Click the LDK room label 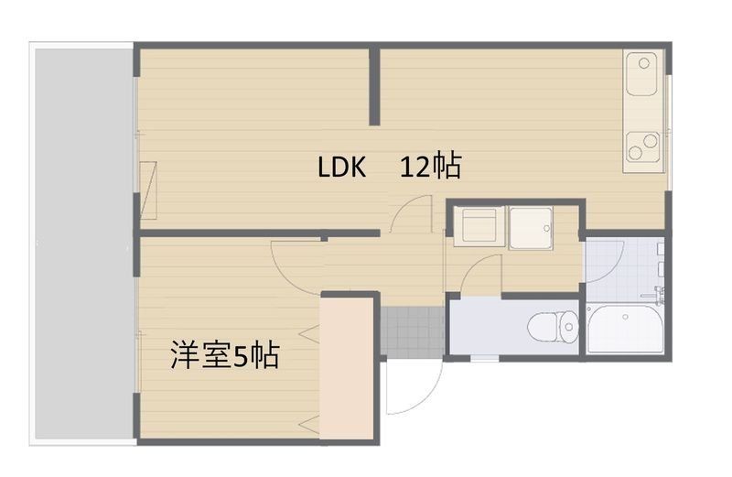coord(341,168)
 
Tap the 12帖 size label coord(429,168)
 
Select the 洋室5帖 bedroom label coord(224,355)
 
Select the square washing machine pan coord(531,226)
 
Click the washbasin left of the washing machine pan coord(478,226)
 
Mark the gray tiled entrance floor coord(411,329)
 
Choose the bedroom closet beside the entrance coord(349,366)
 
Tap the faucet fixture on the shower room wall coord(658,274)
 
